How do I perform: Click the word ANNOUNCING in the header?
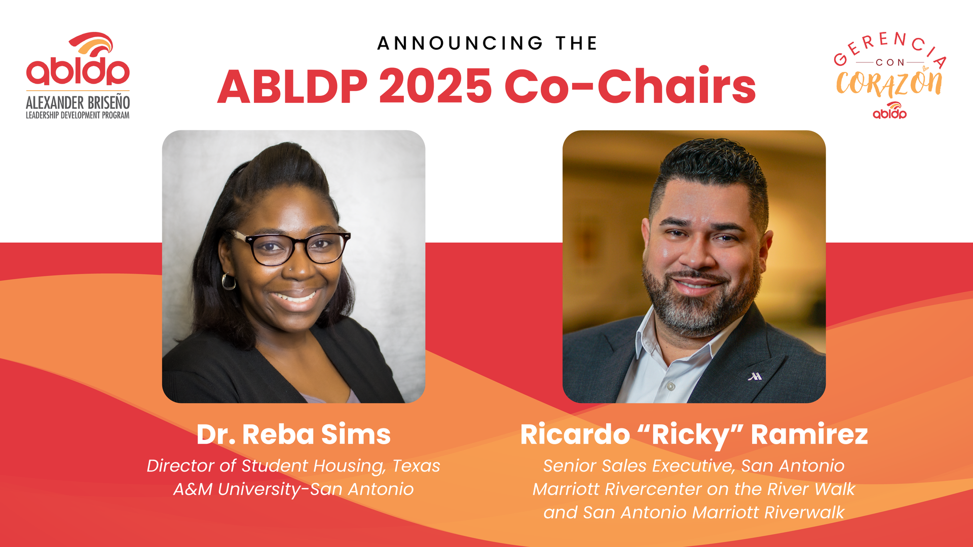(460, 44)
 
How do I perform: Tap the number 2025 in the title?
(435, 86)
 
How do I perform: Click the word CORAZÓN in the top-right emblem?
(889, 84)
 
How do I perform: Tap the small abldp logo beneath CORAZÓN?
(890, 111)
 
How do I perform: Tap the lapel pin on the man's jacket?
(755, 376)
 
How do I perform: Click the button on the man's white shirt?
(671, 387)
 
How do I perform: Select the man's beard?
(702, 304)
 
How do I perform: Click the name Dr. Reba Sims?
(293, 435)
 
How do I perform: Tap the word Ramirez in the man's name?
(809, 435)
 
